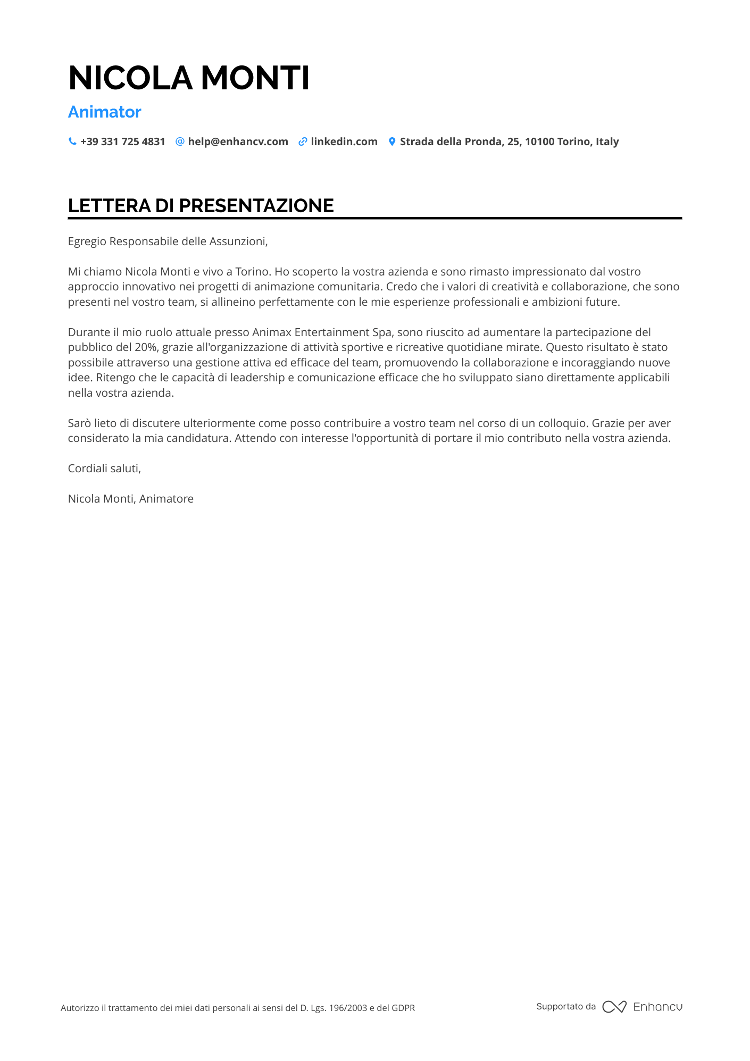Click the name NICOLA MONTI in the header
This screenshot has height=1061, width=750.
pos(189,78)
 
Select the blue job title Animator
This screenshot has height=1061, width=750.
pos(105,112)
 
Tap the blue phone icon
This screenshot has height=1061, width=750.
pos(72,141)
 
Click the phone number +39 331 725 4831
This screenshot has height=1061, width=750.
pos(123,141)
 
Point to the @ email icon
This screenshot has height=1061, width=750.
pos(180,141)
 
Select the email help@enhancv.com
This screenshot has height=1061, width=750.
pos(238,141)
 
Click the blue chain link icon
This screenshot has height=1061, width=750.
pos(303,141)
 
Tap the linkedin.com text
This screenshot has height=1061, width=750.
pos(344,141)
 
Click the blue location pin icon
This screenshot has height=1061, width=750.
pos(392,141)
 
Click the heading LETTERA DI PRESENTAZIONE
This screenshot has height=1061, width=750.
pos(201,206)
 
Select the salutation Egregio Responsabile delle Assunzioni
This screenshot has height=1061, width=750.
pos(168,241)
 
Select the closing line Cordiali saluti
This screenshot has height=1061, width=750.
pos(104,469)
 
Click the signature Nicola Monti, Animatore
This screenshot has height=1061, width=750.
pos(131,499)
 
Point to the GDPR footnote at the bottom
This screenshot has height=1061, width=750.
pos(238,1008)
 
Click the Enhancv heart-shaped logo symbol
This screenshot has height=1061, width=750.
pos(614,1007)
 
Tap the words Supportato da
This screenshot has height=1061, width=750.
pos(566,1006)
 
